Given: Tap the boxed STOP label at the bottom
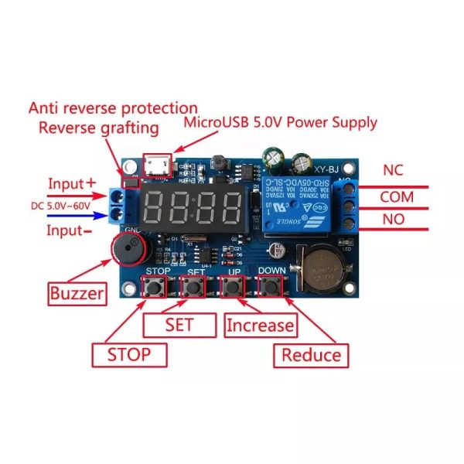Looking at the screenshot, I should (x=129, y=354).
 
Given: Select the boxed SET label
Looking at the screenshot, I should (x=179, y=324).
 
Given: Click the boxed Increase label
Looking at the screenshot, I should (x=260, y=326).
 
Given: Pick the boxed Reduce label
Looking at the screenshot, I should (x=310, y=354).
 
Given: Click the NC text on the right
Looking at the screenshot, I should (x=392, y=169).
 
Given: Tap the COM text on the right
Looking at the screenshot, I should (x=396, y=196).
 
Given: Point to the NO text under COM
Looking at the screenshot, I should (x=393, y=219).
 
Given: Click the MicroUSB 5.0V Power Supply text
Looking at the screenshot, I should (x=280, y=122).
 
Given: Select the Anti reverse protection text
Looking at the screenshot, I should (x=113, y=108).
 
